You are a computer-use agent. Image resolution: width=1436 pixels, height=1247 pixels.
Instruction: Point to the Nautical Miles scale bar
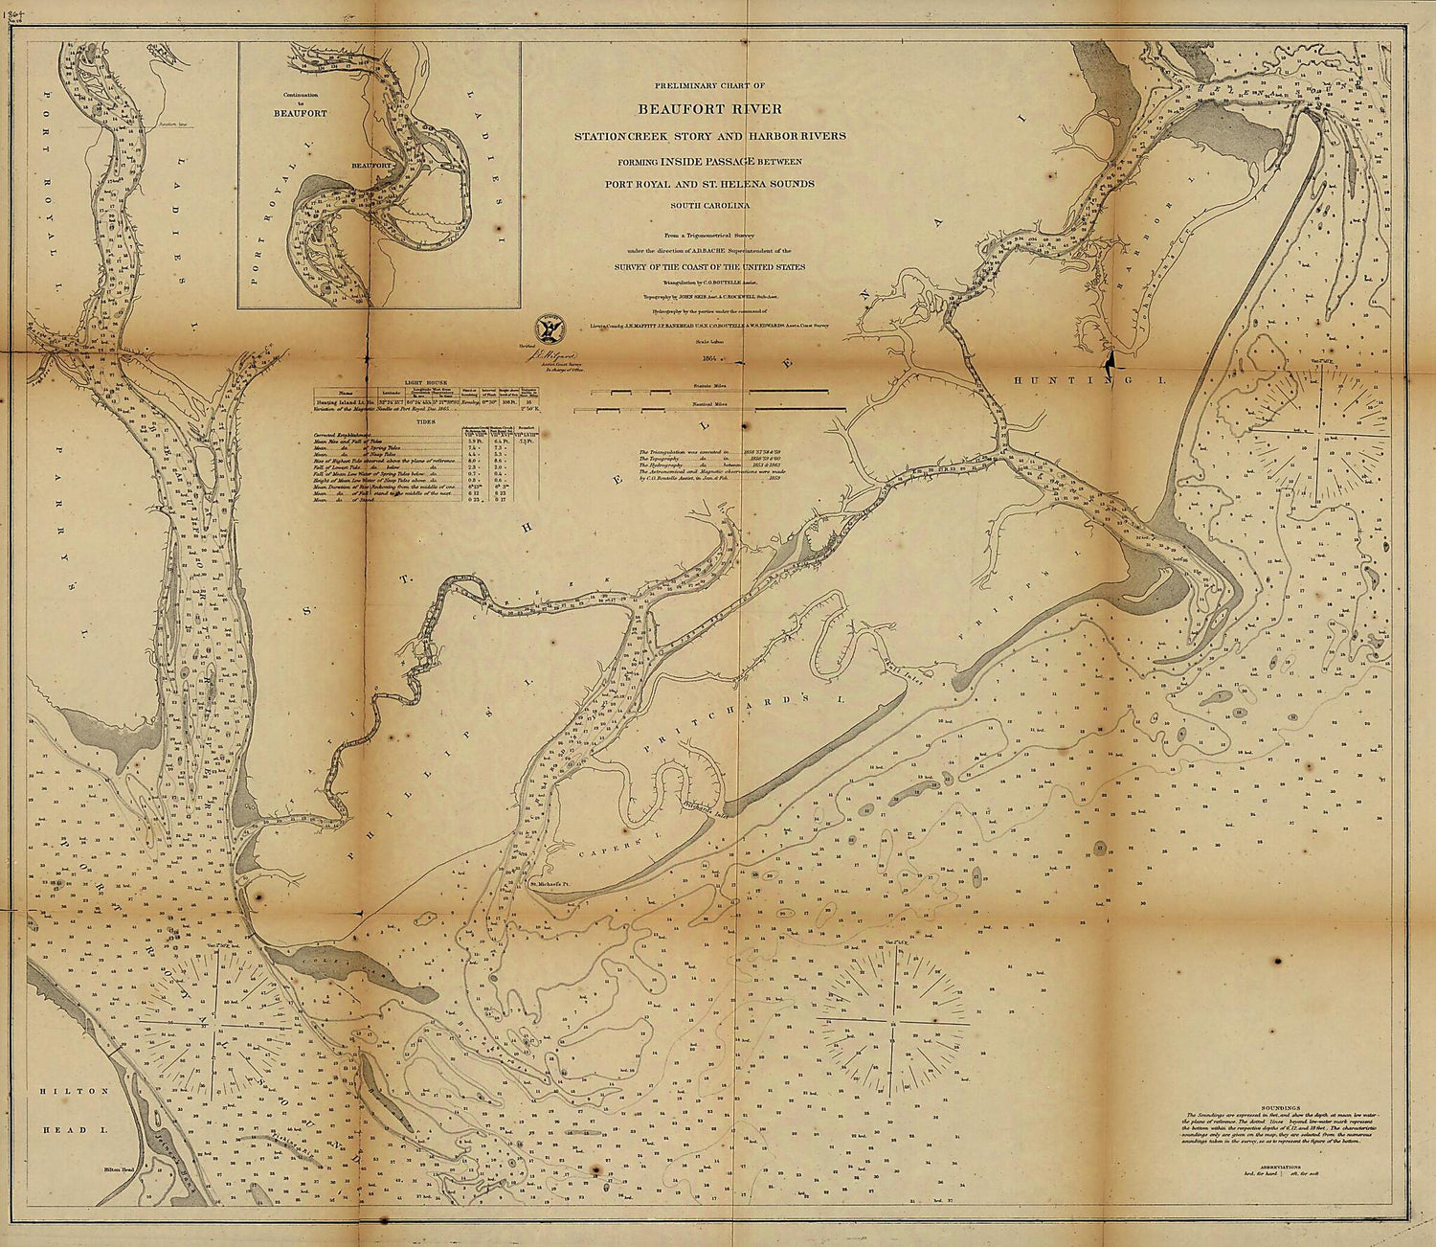708,409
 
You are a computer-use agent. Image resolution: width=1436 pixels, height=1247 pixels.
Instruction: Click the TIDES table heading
426,419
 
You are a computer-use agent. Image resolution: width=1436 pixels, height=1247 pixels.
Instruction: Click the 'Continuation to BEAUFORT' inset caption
292,104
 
